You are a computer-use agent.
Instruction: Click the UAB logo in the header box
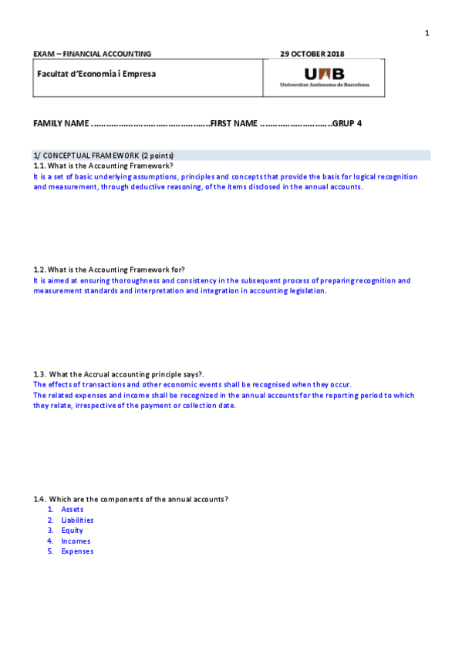pos(325,77)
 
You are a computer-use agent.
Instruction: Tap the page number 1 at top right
pos(427,33)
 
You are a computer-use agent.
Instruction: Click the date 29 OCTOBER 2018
pos(312,54)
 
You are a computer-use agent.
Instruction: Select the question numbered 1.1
pos(103,166)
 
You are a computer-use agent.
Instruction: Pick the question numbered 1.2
pos(109,270)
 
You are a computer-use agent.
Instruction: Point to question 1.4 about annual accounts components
pos(130,499)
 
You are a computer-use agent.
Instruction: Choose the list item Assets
pos(73,509)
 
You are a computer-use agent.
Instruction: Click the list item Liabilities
pos(77,520)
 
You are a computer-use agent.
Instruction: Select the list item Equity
pos(73,530)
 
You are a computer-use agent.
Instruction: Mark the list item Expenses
pos(77,551)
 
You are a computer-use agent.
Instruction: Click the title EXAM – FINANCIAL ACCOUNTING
pos(92,54)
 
